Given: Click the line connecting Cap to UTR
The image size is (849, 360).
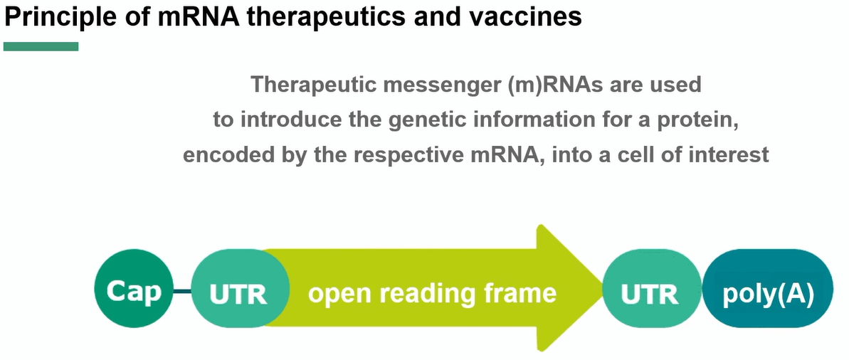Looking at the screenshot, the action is click(x=183, y=292).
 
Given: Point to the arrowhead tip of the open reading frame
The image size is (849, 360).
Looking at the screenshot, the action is click(x=603, y=289).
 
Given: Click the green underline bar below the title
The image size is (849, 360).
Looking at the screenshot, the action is click(x=41, y=46).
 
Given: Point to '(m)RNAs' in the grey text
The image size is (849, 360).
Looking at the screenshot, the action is click(x=559, y=85).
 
